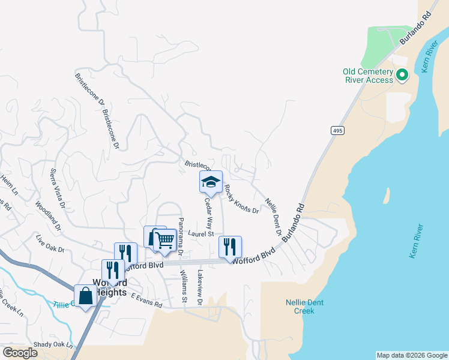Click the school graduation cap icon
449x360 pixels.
point(211,181)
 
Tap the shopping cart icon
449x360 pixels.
point(164,240)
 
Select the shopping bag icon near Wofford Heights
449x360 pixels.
point(85,295)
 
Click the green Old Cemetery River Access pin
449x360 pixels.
point(402,76)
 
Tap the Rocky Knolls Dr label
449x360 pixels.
point(241,199)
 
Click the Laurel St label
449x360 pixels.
point(200,234)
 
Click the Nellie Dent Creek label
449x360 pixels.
point(304,307)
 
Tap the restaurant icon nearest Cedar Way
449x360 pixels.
point(230,247)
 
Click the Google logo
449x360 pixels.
point(20,353)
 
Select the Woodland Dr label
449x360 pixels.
point(48,215)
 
